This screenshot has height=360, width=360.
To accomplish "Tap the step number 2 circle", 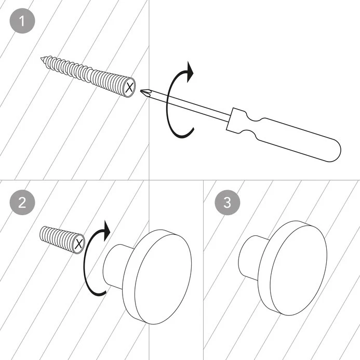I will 22,202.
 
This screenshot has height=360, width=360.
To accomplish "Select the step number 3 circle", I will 227,202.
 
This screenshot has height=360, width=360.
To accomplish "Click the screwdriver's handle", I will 301,137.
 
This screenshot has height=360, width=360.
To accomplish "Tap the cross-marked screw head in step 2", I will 78,244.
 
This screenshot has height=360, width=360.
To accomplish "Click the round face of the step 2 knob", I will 158,278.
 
